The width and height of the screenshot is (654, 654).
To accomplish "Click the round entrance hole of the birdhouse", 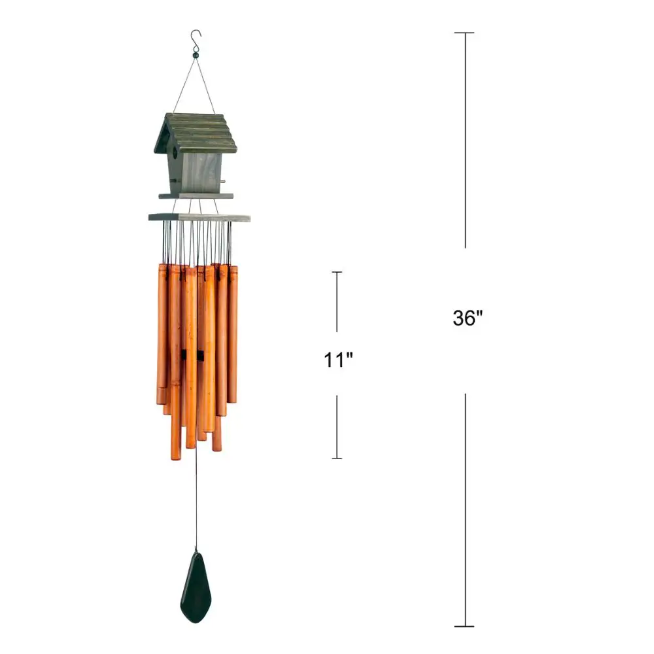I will point(174,152).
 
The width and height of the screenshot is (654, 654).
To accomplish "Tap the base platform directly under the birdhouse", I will point(196,196).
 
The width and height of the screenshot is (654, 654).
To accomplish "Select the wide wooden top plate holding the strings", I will point(199,216).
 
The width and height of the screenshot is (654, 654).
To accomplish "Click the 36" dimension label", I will point(468,318).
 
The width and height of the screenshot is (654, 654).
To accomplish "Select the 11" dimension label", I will point(338,360).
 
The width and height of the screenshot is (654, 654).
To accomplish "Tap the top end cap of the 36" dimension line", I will point(465,33).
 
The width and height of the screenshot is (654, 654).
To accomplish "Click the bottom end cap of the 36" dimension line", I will point(465,627).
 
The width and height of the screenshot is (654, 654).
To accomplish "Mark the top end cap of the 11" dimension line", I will point(337,272).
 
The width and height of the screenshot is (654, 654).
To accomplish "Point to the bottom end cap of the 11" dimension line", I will point(337,458).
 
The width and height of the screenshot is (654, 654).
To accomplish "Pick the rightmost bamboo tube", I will point(232,334).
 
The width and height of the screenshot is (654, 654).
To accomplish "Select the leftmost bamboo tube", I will point(161,334).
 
